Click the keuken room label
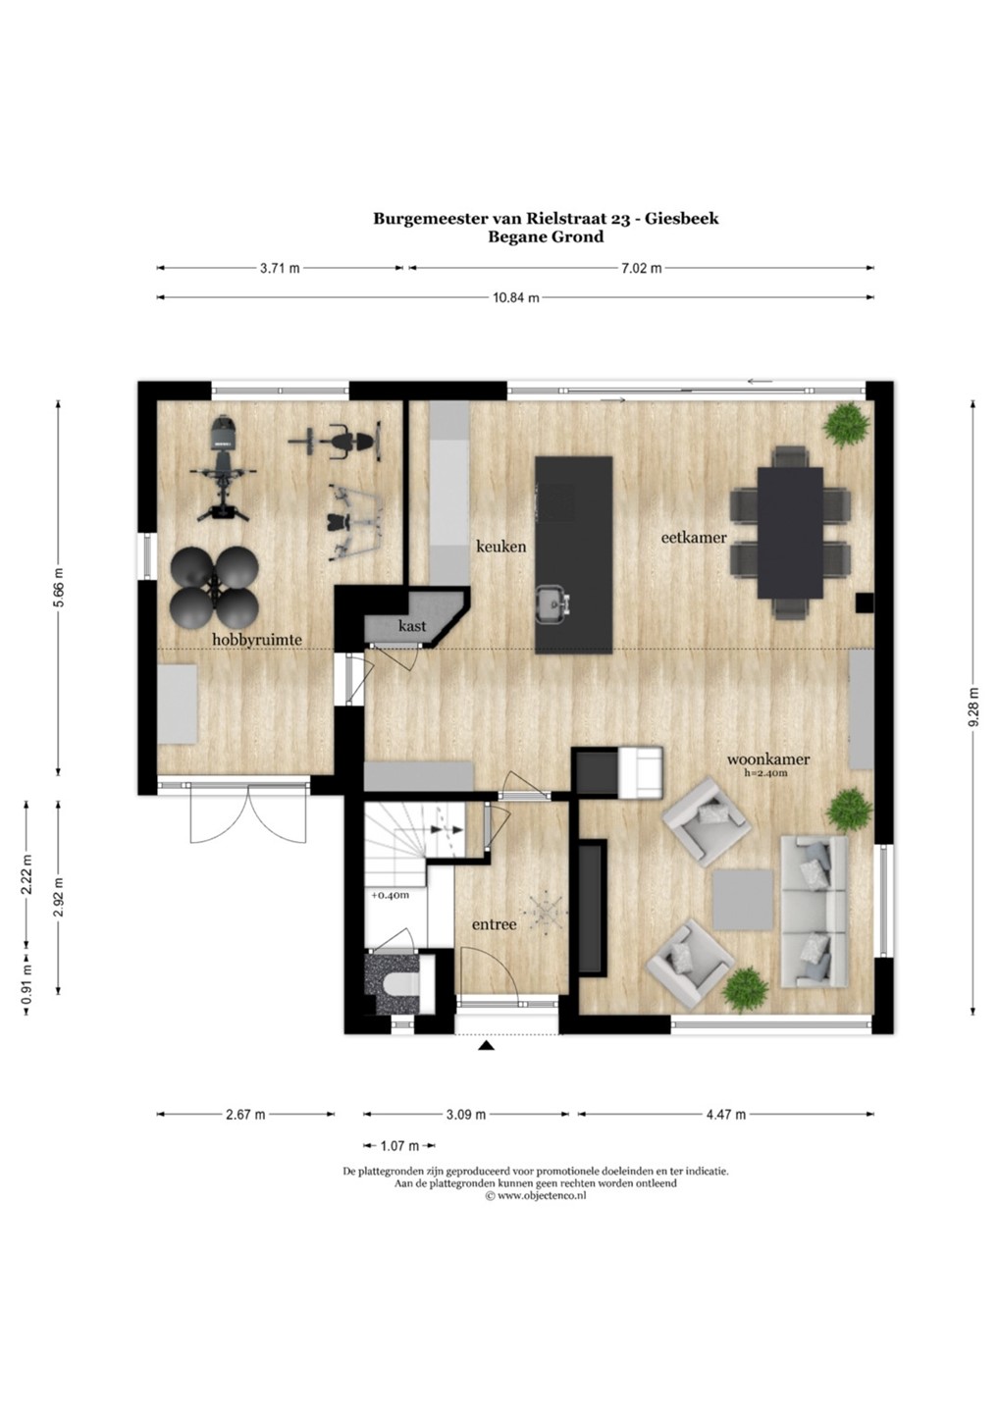(x=500, y=547)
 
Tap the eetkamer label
(x=694, y=538)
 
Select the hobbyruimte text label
(x=257, y=640)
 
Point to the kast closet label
(x=412, y=626)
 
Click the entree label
(x=495, y=924)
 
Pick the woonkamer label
(x=767, y=759)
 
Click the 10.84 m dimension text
(x=515, y=297)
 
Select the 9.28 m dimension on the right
(x=974, y=706)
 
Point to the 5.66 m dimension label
(x=59, y=587)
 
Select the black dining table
(x=790, y=533)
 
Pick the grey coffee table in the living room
(x=743, y=899)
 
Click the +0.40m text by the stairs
(x=391, y=895)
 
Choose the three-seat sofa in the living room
(x=814, y=911)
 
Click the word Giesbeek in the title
(x=686, y=219)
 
